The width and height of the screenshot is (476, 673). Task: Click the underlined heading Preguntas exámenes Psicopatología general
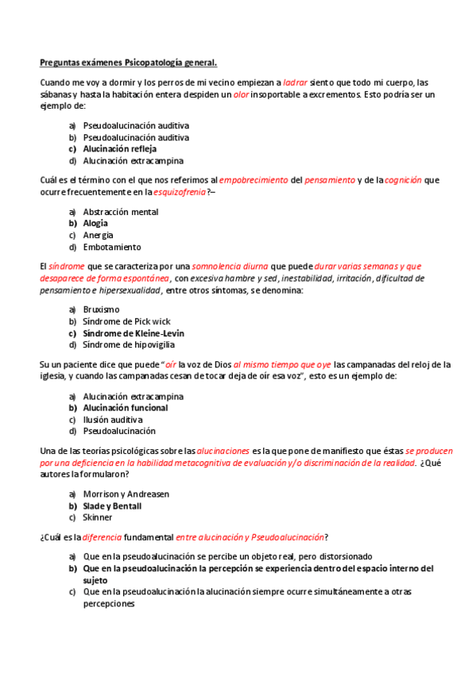tap(129, 62)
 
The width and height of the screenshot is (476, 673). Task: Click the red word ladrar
tap(295, 83)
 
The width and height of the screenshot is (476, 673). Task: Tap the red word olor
tap(240, 94)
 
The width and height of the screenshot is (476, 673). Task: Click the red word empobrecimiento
tap(253, 180)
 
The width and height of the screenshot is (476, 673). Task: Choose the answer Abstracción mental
tap(120, 212)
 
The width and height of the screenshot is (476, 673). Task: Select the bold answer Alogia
tap(95, 223)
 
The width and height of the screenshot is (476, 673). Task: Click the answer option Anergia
tap(98, 235)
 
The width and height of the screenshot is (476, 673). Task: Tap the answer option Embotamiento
tap(111, 247)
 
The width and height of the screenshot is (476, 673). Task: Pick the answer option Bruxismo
tap(101, 310)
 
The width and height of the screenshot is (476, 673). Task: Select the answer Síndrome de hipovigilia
tap(129, 344)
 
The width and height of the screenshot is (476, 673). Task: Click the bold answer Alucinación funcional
tap(125, 408)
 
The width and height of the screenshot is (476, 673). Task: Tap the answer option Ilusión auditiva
tap(113, 419)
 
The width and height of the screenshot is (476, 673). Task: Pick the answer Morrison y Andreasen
tap(126, 494)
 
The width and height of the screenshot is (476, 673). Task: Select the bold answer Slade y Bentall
tap(112, 506)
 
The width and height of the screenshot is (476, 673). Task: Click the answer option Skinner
tap(98, 517)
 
